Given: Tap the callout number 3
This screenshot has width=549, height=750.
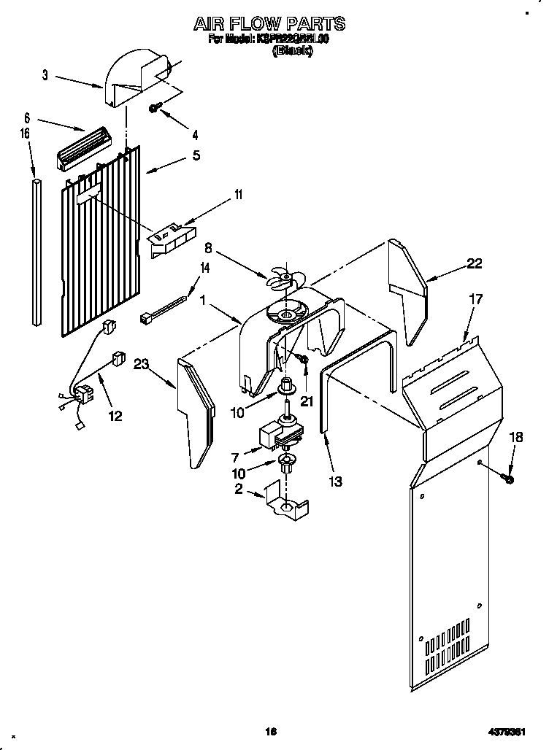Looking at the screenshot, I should [x=45, y=75].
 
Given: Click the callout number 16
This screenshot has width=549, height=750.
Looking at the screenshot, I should [x=25, y=134].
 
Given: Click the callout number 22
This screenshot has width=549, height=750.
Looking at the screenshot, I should [x=474, y=264].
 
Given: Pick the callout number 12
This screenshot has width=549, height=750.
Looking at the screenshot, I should [x=115, y=416].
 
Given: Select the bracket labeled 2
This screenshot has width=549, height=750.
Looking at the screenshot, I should [x=286, y=504].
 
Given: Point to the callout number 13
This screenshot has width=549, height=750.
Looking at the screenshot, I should [x=336, y=481].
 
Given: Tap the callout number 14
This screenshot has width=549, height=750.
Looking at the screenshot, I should [x=204, y=268].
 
